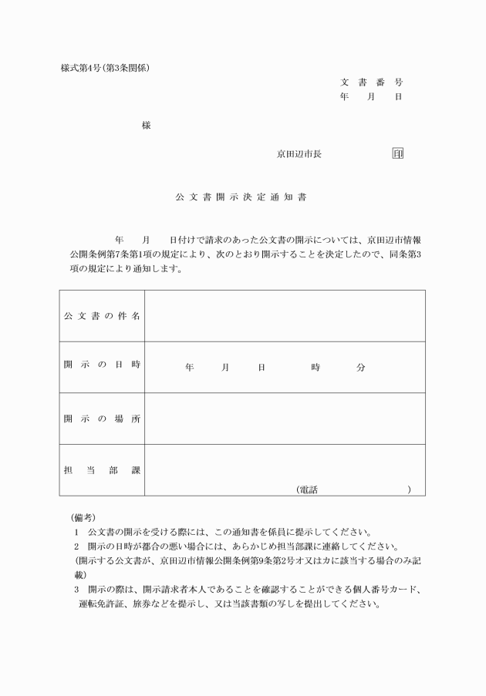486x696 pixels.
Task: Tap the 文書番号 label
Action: point(371,82)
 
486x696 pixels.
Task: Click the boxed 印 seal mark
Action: point(398,153)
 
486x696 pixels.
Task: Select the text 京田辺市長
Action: point(299,154)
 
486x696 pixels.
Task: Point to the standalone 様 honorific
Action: point(146,125)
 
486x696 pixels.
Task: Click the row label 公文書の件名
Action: point(102,316)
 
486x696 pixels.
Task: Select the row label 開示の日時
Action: point(102,367)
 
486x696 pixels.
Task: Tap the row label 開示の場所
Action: point(102,419)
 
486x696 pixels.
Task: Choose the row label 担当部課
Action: point(102,469)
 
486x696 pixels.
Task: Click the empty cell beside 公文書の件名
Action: point(285,316)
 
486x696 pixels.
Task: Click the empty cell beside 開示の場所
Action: point(285,419)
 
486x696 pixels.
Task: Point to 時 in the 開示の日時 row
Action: point(316,368)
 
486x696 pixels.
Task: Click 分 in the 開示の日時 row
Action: point(360,368)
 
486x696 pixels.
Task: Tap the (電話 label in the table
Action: point(307,489)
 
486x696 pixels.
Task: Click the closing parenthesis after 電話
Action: point(410,489)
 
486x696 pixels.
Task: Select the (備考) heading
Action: point(83,516)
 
